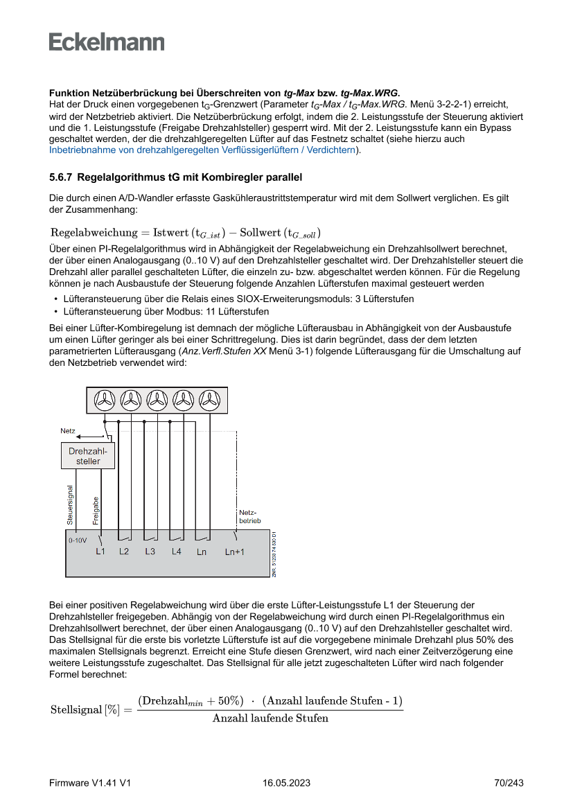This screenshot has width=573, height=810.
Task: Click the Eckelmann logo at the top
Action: pyautogui.click(x=107, y=42)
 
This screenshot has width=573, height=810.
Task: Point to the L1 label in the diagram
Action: pyautogui.click(x=100, y=552)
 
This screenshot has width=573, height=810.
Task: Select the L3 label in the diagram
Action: pyautogui.click(x=150, y=552)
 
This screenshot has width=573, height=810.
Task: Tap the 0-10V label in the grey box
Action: pyautogui.click(x=77, y=540)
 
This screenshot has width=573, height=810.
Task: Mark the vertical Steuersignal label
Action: pyautogui.click(x=70, y=504)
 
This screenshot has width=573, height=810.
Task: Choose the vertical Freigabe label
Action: pyautogui.click(x=96, y=509)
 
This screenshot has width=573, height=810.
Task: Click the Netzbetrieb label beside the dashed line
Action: pyautogui.click(x=249, y=516)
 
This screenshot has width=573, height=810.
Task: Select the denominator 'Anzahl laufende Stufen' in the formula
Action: pyautogui.click(x=270, y=718)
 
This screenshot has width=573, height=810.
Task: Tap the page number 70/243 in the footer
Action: pyautogui.click(x=509, y=783)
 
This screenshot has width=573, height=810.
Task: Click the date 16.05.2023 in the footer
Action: pyautogui.click(x=286, y=783)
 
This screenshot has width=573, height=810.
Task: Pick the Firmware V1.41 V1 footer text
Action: pyautogui.click(x=90, y=783)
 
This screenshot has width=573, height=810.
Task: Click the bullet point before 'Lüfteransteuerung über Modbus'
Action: pyautogui.click(x=55, y=312)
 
